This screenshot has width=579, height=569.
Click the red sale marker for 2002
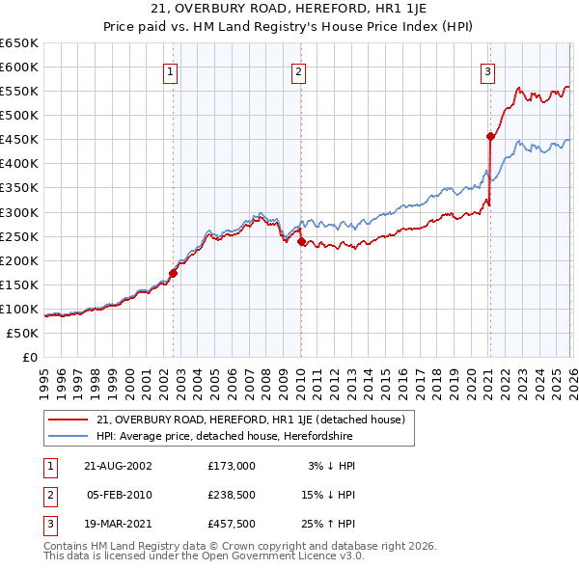[x=174, y=273]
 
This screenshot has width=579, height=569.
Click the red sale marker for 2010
[x=300, y=242]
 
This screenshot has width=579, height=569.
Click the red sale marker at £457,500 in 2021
[x=490, y=136]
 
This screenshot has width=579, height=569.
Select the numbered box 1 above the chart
[x=171, y=70]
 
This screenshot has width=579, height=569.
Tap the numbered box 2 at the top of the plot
[x=299, y=70]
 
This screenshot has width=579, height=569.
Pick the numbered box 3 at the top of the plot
[x=488, y=70]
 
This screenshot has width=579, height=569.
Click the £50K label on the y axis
[x=22, y=333]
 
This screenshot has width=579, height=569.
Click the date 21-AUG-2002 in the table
[x=118, y=466]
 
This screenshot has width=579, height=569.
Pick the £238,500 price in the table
[x=232, y=495]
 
